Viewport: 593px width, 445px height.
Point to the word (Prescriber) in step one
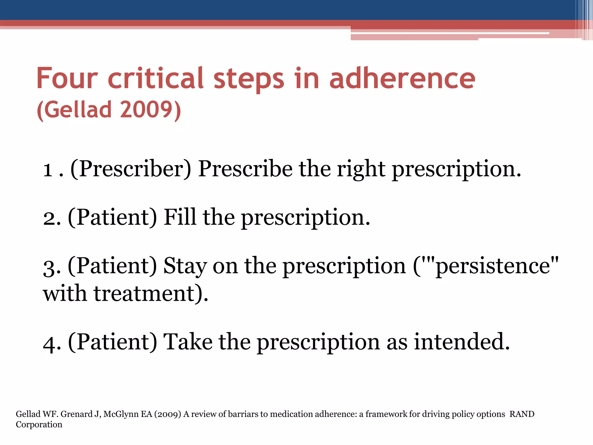[131, 169]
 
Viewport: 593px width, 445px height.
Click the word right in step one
[361, 169]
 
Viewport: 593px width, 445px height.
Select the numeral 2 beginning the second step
[49, 218]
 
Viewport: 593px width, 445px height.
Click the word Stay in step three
[185, 266]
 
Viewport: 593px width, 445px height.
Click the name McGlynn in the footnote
[121, 414]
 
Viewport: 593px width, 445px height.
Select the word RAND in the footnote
[522, 414]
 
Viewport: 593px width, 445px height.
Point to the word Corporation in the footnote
[39, 425]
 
